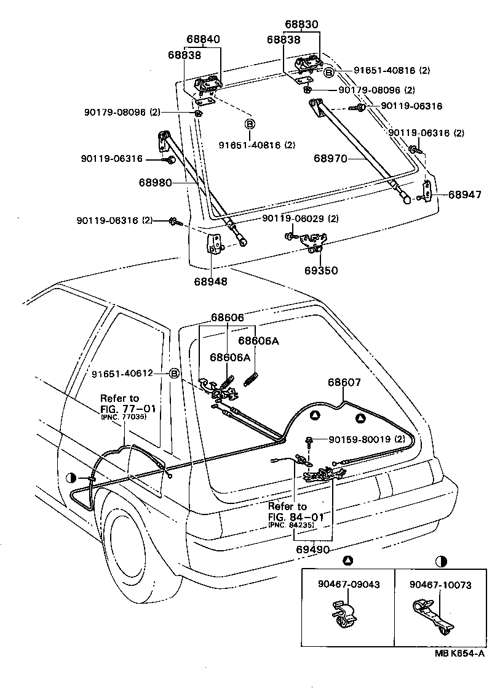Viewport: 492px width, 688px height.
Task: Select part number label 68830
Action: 301,26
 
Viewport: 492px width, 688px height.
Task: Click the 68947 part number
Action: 464,194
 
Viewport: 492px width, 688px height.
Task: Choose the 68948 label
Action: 211,282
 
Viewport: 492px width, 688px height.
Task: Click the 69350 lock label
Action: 322,270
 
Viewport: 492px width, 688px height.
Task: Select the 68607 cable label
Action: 344,382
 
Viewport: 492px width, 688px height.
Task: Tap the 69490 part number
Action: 312,548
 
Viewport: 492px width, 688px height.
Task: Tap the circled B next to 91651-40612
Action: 174,374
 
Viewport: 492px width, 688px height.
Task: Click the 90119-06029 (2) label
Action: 300,219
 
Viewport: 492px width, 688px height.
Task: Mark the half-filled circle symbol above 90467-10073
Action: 441,561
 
